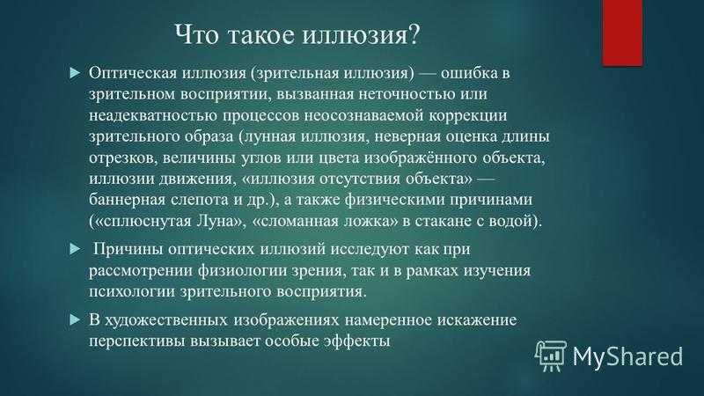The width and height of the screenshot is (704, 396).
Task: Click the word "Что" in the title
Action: (196, 34)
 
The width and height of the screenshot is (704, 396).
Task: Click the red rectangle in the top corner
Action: (622, 33)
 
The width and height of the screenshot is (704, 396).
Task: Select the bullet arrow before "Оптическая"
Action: (75, 73)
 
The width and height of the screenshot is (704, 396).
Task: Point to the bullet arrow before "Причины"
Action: (75, 249)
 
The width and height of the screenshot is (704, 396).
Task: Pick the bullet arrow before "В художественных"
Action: (75, 320)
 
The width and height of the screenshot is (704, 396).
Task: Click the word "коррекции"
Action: (467, 116)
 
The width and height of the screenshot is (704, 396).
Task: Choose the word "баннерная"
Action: (127, 201)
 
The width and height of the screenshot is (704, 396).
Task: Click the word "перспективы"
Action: (136, 341)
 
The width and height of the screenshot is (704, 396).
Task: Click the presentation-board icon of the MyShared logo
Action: (551, 356)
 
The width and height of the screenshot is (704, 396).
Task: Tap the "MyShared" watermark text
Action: (627, 356)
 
